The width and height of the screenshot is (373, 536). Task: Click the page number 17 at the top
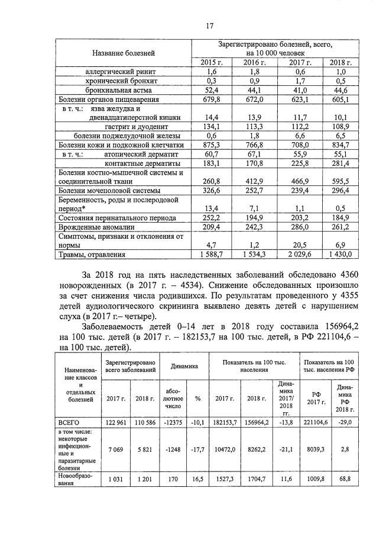tap(209, 25)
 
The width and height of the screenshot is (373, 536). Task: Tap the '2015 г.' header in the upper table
tap(212, 62)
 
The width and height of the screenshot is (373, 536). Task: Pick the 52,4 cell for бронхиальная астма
tap(212, 90)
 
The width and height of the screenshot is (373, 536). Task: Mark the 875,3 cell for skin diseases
tap(212, 145)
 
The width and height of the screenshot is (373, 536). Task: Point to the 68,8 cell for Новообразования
tap(343, 478)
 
